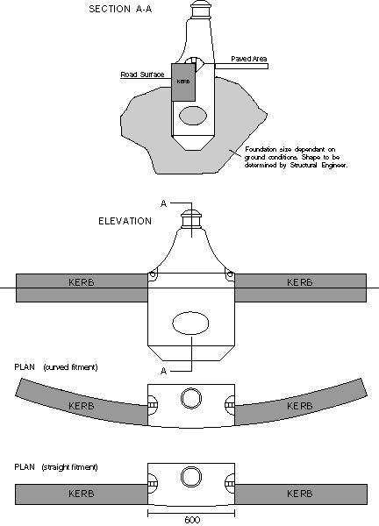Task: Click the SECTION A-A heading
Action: pos(120,9)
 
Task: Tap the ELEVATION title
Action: pos(125,221)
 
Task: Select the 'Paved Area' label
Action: pos(249,59)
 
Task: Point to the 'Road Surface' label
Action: pos(142,75)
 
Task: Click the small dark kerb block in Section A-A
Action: pos(183,82)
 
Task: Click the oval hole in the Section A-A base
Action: pos(193,116)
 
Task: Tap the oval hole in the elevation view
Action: pos(190,323)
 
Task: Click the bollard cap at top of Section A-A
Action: pos(202,10)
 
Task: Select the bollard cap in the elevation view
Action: pos(191,220)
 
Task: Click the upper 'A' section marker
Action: pos(163,203)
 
